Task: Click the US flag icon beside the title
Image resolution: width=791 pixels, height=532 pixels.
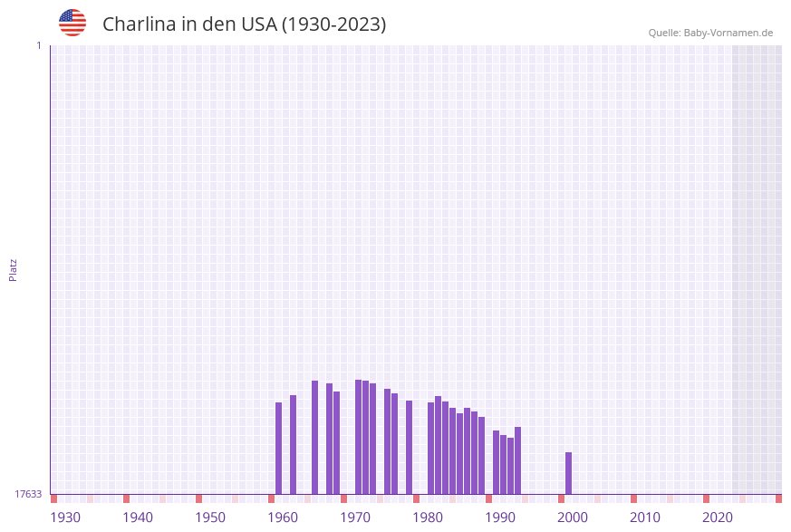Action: pos(72,23)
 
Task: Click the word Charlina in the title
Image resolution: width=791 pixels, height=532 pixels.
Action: pos(139,24)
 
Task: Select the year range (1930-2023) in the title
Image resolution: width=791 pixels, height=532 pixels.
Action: pos(334,24)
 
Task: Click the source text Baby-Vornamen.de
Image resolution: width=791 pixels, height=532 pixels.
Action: pos(728,33)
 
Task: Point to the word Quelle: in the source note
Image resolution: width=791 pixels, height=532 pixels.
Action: pos(664,33)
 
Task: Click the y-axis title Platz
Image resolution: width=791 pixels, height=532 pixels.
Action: pos(14,269)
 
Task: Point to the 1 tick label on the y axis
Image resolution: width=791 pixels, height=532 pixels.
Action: pos(38,45)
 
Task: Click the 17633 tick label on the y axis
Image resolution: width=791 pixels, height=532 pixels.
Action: pos(28,494)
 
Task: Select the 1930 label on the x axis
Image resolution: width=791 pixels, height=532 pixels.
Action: pos(65,517)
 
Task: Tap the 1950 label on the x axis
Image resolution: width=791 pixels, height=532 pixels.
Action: pos(210,517)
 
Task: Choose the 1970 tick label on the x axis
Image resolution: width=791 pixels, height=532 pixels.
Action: pos(355,517)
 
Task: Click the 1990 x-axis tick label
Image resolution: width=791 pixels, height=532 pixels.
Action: pos(500,517)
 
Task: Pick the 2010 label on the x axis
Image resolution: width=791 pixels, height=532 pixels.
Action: pos(645,517)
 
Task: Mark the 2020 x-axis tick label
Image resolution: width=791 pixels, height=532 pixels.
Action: pos(718,517)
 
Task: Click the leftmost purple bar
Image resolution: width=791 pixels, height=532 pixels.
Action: pos(279,448)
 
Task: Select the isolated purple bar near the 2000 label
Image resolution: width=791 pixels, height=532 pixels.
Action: pos(569,472)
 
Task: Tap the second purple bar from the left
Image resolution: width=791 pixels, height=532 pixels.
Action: pos(294,444)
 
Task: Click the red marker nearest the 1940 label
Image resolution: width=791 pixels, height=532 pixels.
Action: pos(127,498)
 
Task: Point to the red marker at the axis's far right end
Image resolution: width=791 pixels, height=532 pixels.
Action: pos(778,498)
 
